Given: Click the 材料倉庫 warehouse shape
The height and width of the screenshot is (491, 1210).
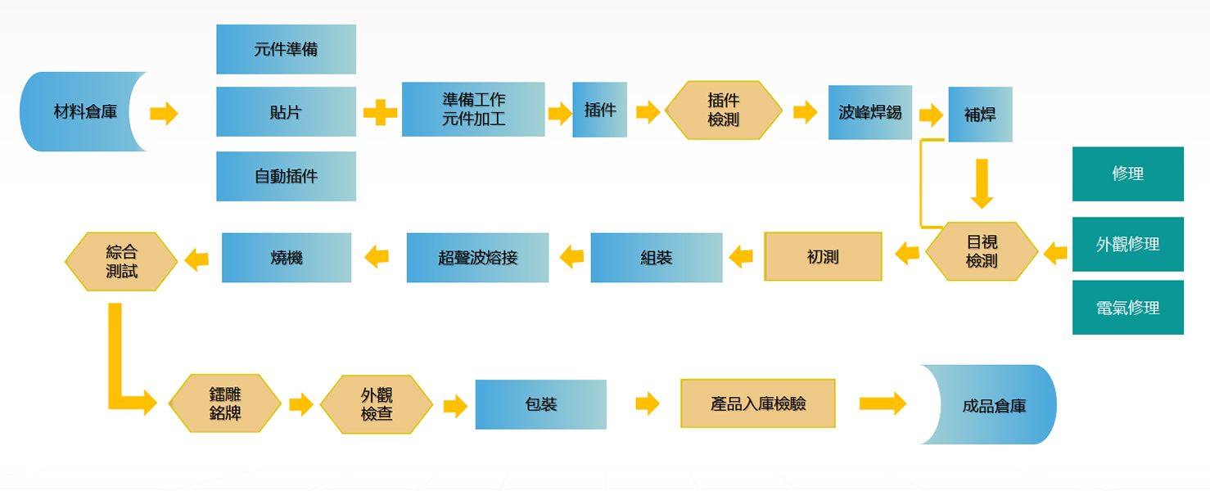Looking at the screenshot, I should (x=82, y=112).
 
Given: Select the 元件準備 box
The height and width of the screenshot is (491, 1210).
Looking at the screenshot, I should (x=286, y=49).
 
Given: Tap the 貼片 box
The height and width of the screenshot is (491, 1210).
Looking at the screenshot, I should (x=286, y=112).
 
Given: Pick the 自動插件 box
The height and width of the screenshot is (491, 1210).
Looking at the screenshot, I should (x=286, y=176).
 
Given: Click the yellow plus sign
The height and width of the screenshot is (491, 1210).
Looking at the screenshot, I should (x=380, y=112).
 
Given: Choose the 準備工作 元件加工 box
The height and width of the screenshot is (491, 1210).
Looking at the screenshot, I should (x=473, y=109).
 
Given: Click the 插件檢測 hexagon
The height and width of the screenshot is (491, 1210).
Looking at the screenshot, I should (x=723, y=110).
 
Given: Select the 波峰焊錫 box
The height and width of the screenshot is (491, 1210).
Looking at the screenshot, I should (x=869, y=112).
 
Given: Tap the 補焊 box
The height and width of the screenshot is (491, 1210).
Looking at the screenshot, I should (x=980, y=115).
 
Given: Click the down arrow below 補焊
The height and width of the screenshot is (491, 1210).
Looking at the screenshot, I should (x=981, y=183).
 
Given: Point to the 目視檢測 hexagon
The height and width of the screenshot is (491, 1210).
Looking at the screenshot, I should (x=982, y=251).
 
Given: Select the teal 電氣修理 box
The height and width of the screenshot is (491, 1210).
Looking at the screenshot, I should (x=1127, y=308).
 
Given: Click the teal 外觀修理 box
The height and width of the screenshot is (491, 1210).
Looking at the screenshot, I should (x=1127, y=244).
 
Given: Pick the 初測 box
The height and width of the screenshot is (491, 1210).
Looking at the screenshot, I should (x=823, y=257).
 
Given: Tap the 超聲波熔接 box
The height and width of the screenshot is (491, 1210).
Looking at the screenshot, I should (x=477, y=258).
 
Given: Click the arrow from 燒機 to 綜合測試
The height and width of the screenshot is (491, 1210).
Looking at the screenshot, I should (x=196, y=260).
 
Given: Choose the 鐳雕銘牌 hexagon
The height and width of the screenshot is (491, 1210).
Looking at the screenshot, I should (x=225, y=404).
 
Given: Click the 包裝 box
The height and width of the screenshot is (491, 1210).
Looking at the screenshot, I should (x=540, y=404).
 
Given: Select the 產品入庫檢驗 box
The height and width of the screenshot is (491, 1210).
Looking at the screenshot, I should (x=757, y=403).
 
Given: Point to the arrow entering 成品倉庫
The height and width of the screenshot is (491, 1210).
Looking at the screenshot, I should (x=882, y=403).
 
